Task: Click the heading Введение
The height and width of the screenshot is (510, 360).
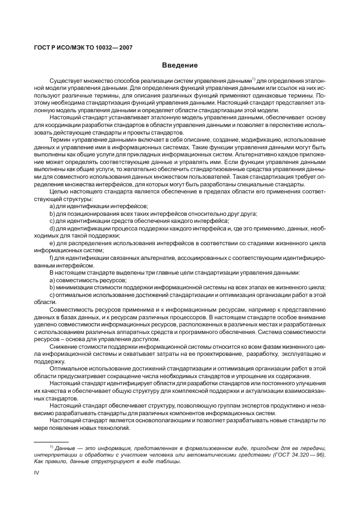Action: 179,65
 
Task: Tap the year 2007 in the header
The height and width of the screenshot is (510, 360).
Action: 124,47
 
